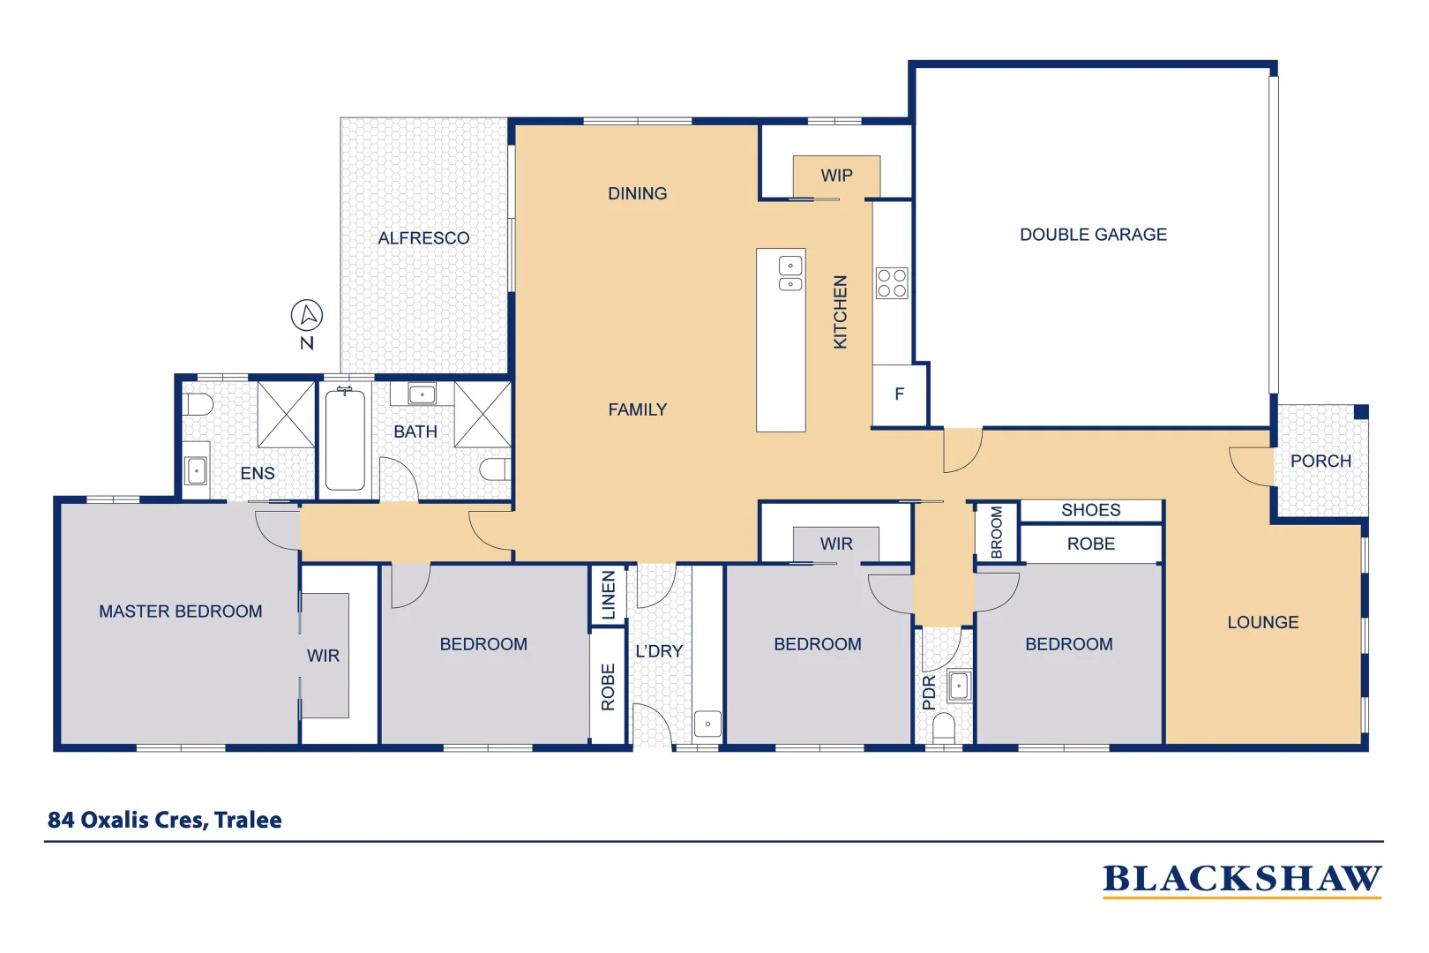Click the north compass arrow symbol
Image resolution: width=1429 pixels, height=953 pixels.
click(307, 315)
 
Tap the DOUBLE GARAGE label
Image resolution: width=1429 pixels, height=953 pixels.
click(1093, 235)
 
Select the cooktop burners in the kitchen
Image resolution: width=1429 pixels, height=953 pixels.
click(892, 283)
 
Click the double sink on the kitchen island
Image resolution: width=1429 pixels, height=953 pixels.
click(790, 274)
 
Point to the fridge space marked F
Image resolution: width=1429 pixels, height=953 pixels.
click(899, 394)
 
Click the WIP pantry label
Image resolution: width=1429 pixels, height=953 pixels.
click(836, 176)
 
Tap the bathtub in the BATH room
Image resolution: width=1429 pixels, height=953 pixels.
click(345, 439)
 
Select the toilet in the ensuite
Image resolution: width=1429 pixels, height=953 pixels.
click(199, 405)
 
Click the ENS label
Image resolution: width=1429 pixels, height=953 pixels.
click(258, 474)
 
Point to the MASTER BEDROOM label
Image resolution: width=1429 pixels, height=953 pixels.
click(180, 612)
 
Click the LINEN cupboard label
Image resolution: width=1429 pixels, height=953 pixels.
click(608, 595)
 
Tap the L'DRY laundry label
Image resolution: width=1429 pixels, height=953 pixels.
click(659, 651)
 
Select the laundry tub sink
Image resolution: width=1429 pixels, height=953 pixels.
click(707, 724)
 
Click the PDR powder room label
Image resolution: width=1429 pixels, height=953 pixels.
click(928, 693)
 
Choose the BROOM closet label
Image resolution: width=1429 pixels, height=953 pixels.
click(997, 532)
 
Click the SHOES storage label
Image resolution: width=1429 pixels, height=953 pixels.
click(1090, 510)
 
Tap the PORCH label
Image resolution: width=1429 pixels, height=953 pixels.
click(1320, 461)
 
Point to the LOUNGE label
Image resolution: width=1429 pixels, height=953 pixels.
click(1262, 622)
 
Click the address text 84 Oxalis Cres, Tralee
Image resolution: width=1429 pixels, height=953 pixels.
click(165, 820)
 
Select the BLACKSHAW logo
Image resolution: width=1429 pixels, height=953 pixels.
click(1241, 879)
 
